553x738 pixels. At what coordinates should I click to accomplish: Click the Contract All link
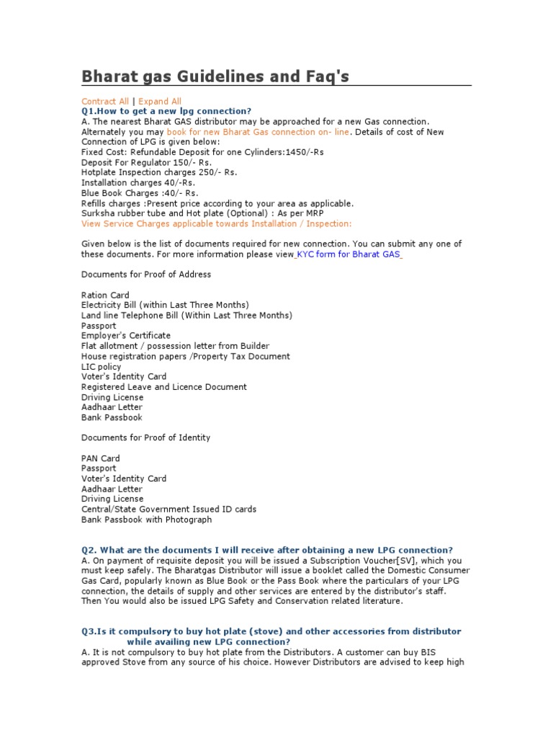coord(105,102)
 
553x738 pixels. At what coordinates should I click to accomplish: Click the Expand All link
coord(160,102)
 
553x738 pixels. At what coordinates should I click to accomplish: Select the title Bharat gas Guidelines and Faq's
coord(215,76)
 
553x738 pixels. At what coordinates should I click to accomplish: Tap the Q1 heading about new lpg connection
coord(166,112)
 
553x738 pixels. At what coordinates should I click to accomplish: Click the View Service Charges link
coord(217,224)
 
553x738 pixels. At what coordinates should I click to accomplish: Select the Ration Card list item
coord(105,295)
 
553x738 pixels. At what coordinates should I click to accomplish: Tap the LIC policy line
coord(102,366)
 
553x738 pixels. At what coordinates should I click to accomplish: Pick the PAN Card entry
coord(101,458)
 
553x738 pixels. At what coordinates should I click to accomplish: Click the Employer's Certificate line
coord(126,336)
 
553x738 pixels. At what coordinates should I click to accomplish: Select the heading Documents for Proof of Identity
coord(146,437)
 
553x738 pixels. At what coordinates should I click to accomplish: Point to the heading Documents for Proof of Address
coord(146,275)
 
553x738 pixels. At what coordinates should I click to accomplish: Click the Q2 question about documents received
coord(267,550)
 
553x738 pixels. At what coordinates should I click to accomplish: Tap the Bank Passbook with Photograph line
coord(147,520)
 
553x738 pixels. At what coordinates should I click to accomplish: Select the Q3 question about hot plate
coord(271,636)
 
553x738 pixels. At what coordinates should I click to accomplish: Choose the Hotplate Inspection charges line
coord(159,173)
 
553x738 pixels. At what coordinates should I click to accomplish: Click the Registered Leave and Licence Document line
coord(164,387)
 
